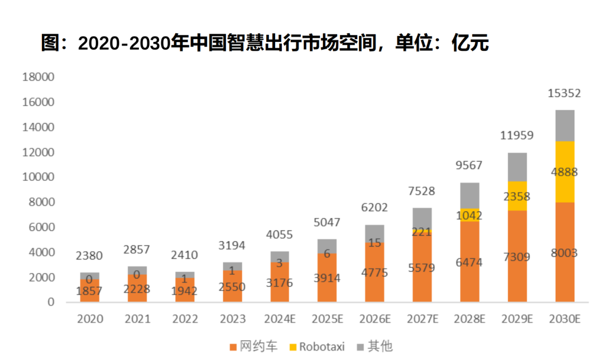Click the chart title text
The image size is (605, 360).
265,43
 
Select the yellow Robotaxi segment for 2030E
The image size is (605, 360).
565,171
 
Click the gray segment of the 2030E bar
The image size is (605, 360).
565,125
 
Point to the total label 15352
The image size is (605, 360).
564,93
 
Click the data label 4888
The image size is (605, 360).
564,172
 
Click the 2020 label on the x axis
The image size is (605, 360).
90,319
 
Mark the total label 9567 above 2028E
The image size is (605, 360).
469,166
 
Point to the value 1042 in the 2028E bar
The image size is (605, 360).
469,216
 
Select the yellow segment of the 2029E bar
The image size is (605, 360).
517,196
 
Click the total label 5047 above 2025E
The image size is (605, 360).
327,222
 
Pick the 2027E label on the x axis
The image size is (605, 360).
422,319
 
